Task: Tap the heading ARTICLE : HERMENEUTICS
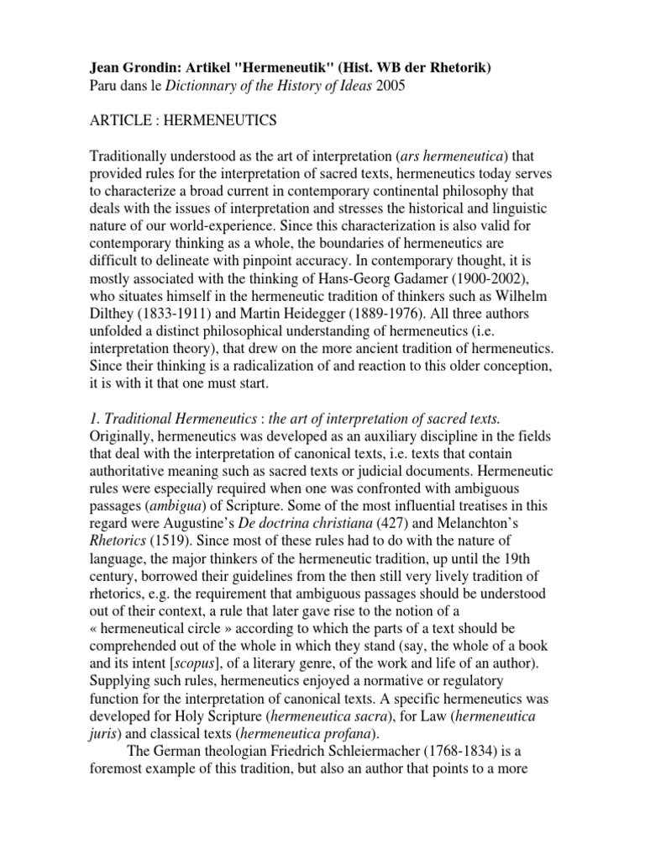[182, 121]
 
